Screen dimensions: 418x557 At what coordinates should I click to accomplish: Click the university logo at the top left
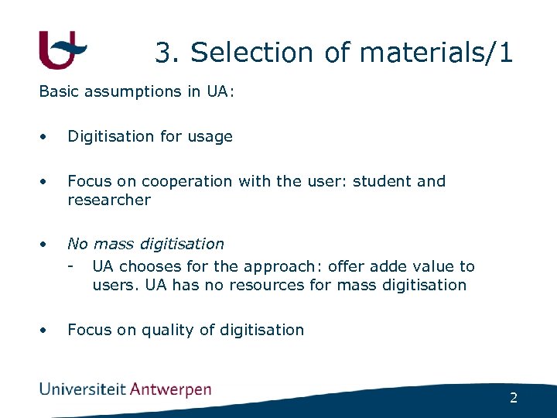click(62, 50)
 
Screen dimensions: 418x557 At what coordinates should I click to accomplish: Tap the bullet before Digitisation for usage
click(44, 136)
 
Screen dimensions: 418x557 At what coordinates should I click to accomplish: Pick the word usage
click(209, 136)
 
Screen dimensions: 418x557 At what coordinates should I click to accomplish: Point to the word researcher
click(109, 200)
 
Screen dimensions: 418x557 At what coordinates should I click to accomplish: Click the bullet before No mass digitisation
click(44, 244)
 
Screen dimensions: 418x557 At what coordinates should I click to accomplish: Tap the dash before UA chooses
click(71, 266)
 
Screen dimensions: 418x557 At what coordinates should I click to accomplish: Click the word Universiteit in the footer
click(83, 389)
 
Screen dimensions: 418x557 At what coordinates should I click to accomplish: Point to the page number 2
click(513, 398)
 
